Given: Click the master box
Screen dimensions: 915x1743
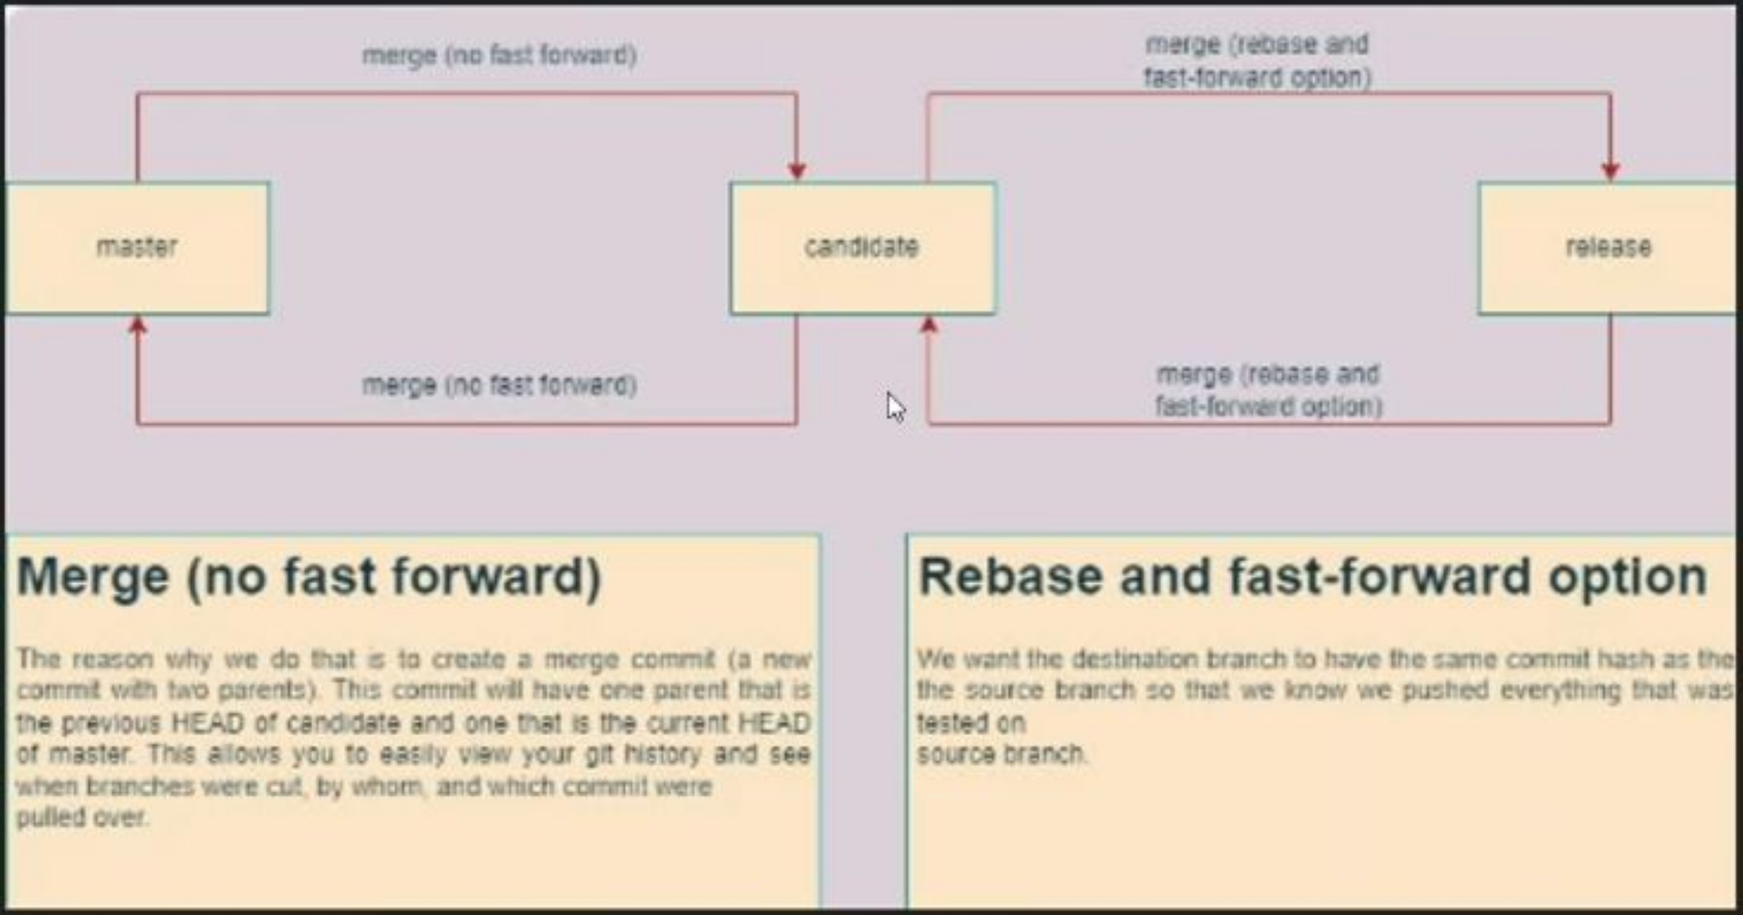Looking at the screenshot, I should (x=137, y=247).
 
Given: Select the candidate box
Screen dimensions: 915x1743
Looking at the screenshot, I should (x=862, y=247).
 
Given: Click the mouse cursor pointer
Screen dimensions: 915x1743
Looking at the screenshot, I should (x=895, y=407).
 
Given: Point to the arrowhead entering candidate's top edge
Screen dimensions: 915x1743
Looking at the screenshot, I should (x=797, y=171).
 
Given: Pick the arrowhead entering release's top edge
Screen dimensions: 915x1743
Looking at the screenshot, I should (x=1611, y=171).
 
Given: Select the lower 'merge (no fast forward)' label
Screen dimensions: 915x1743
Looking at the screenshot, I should (x=499, y=386).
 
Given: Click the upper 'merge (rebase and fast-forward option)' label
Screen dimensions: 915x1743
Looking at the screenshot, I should (x=1257, y=61).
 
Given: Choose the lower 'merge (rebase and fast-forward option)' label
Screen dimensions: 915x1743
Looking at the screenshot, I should (x=1268, y=390).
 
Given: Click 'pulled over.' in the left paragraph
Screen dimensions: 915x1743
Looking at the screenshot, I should (x=82, y=817).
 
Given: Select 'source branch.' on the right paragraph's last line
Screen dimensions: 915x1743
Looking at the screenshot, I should (x=1002, y=754).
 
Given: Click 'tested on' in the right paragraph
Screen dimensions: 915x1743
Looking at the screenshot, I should (x=971, y=723).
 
